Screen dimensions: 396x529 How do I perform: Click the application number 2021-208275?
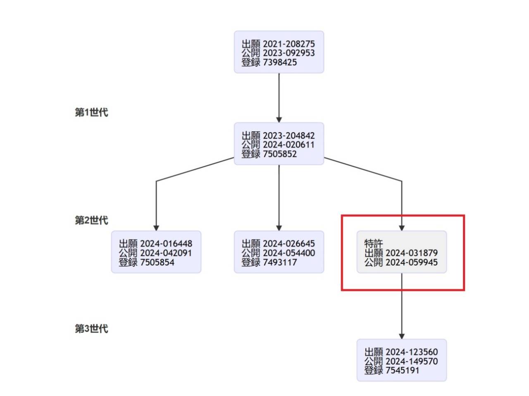point(288,44)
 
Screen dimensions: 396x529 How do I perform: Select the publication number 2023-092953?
point(288,53)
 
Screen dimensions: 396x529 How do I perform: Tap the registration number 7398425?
point(280,62)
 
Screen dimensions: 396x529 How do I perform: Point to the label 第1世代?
point(91,112)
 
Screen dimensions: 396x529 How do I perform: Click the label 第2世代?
point(91,220)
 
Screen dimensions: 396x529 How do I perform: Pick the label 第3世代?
point(91,328)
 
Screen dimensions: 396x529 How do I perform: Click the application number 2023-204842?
point(288,136)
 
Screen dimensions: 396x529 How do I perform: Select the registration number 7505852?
point(280,154)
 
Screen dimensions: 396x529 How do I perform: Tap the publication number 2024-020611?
point(288,145)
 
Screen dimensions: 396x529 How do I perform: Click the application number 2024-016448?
point(166,244)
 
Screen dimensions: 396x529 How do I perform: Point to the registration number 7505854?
point(157,262)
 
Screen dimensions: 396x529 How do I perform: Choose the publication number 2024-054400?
point(288,253)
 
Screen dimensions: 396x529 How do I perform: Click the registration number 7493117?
point(280,262)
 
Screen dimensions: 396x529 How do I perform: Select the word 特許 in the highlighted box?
point(373,243)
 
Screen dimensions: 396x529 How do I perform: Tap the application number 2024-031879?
point(411,253)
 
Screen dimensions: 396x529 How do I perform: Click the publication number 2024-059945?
point(411,262)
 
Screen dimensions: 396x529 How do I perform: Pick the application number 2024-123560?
point(411,352)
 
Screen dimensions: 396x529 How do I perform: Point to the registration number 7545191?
point(403,370)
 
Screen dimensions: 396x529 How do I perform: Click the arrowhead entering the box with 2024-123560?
point(402,336)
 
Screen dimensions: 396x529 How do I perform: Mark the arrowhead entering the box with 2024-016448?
point(156,228)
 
